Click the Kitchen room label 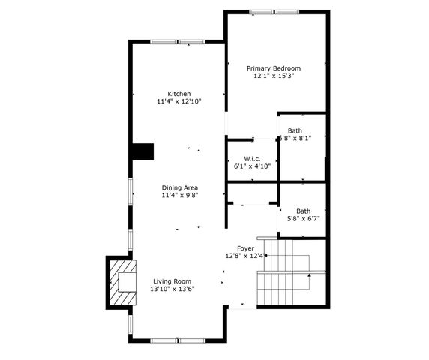178,94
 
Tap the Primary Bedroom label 277,67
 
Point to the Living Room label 172,281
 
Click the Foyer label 245,247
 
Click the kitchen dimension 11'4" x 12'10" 178,101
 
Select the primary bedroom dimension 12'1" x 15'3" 277,76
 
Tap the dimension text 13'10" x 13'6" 172,289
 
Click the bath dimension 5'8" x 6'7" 304,219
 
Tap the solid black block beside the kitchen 142,151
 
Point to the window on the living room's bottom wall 178,340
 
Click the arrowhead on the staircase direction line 309,275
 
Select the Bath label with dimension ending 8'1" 295,130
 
